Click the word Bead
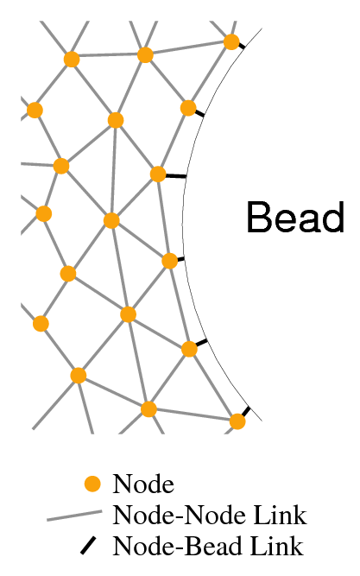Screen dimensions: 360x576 (295, 217)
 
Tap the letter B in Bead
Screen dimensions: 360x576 (259, 217)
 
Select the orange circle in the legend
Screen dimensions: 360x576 (92, 484)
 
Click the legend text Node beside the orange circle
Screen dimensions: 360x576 (143, 484)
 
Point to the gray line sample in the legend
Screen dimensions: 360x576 (74, 515)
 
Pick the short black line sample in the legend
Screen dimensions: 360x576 (88, 546)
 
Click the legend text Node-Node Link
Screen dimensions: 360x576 (210, 515)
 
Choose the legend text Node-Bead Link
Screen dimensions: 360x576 (208, 546)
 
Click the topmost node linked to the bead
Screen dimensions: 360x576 (231, 41)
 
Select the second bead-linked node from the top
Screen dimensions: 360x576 (188, 108)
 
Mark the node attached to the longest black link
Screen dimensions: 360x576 (158, 174)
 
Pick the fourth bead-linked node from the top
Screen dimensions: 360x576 (170, 261)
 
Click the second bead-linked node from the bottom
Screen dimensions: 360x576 (189, 349)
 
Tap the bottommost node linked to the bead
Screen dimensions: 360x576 (237, 421)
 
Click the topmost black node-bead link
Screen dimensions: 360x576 (242, 46)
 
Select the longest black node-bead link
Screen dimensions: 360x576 (176, 176)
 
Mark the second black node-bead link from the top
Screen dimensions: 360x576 (199, 113)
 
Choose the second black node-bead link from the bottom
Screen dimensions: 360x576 (201, 343)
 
